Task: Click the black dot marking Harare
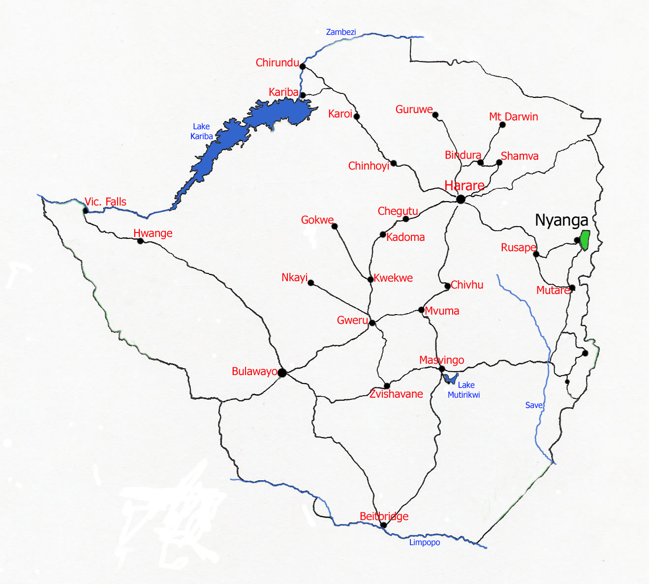click(x=461, y=199)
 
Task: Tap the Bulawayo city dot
click(x=282, y=373)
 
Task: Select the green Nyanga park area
click(x=585, y=239)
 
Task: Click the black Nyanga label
click(x=561, y=220)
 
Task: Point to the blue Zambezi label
click(x=340, y=32)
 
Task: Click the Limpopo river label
click(x=425, y=542)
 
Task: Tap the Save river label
click(x=533, y=405)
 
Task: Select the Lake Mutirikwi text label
click(x=464, y=390)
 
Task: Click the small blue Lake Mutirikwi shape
click(x=450, y=379)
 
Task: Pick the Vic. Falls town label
click(x=105, y=202)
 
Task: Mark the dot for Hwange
click(x=140, y=241)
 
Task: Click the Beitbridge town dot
click(x=384, y=525)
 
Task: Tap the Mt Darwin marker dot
click(x=502, y=125)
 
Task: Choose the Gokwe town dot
click(x=335, y=226)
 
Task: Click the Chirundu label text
click(x=277, y=62)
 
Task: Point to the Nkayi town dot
click(x=310, y=283)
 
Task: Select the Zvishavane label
click(x=396, y=394)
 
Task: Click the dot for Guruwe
click(x=435, y=115)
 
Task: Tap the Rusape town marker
click(x=536, y=254)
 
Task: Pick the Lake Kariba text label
click(x=201, y=131)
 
